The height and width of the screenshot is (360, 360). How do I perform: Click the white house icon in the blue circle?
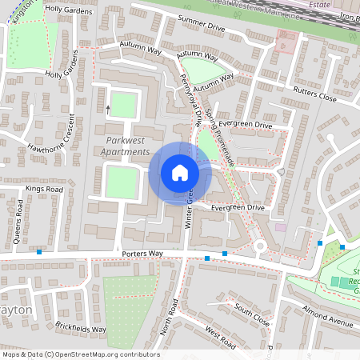click(180, 173)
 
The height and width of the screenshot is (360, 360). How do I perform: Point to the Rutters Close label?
click(315, 94)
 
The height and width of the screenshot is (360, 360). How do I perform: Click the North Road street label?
click(167, 318)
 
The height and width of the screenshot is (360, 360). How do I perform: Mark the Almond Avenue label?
click(326, 317)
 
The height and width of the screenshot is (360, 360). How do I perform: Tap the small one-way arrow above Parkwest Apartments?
click(108, 107)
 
